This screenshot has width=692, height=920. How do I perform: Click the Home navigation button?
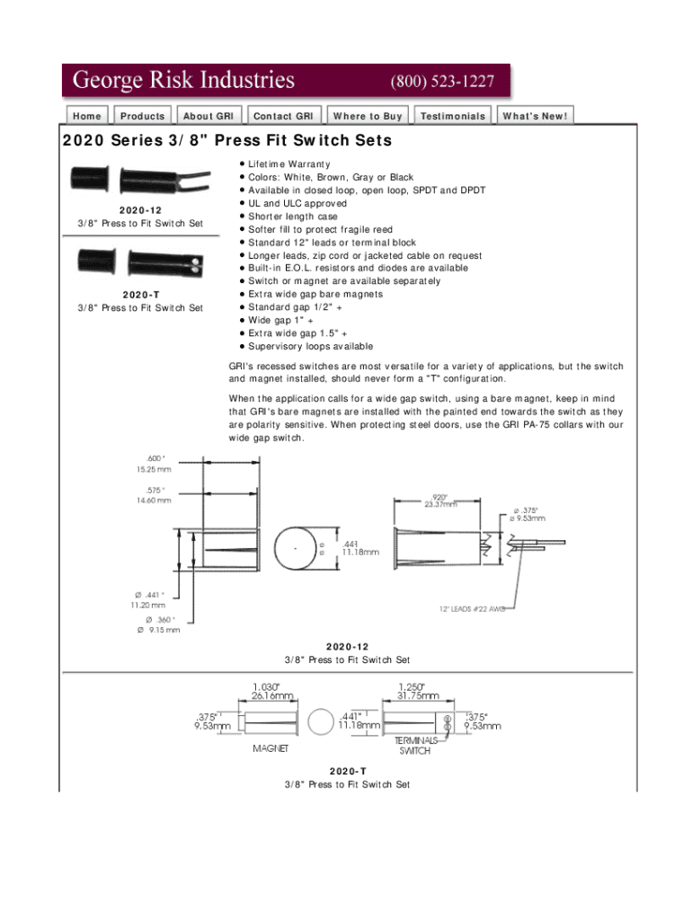pos(87,116)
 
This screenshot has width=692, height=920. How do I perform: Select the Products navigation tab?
pos(142,116)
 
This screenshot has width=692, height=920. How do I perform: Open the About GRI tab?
pos(208,116)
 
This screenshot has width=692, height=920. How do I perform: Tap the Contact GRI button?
pos(283,116)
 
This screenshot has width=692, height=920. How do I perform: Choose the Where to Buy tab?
pos(367,116)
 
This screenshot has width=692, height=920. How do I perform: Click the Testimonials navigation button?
pos(453,116)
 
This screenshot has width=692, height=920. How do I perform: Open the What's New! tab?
pos(535,116)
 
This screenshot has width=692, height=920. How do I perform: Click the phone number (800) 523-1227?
pos(441,81)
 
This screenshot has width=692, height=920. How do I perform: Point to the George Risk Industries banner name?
pos(183,81)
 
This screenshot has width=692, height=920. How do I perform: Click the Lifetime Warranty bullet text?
pos(288,164)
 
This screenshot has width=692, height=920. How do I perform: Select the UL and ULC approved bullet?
pos(297,203)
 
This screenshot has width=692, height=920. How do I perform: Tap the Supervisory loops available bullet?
pos(310,346)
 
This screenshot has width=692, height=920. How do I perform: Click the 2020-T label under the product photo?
pos(139,296)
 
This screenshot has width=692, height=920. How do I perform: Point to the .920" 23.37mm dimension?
pos(439,500)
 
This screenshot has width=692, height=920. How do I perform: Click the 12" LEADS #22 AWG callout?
pos(472,608)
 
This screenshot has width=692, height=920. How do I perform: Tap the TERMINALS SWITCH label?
pos(415,745)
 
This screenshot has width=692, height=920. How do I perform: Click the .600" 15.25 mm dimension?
pos(152,463)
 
